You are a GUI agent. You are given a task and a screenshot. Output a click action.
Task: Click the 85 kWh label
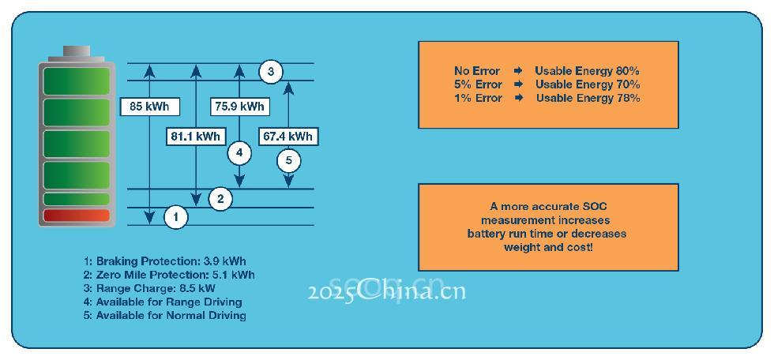tap(149, 107)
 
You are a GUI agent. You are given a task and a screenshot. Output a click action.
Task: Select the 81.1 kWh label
tap(195, 137)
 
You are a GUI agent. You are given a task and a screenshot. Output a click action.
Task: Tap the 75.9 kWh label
tap(239, 107)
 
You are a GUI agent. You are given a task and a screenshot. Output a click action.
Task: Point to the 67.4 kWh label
tap(287, 137)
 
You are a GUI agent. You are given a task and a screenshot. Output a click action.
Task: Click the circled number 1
tap(176, 216)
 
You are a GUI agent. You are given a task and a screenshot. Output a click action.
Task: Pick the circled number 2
tap(220, 198)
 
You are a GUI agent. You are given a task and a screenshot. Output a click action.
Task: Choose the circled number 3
tap(270, 72)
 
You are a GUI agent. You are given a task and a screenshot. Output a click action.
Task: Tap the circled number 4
tap(239, 153)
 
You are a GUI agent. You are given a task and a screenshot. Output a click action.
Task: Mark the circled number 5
tap(288, 161)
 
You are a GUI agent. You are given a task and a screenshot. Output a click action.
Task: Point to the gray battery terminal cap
tap(77, 52)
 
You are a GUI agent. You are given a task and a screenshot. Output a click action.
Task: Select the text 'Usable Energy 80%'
tap(587, 71)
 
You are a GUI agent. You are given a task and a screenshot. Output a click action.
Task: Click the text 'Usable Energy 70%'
tap(588, 84)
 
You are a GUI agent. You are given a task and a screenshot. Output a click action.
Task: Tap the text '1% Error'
tap(478, 98)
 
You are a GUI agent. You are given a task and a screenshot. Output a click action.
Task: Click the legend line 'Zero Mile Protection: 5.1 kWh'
tap(169, 275)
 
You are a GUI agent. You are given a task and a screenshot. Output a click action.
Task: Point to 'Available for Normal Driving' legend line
tap(165, 315)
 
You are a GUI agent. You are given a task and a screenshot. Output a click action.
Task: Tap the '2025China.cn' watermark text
tap(387, 291)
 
